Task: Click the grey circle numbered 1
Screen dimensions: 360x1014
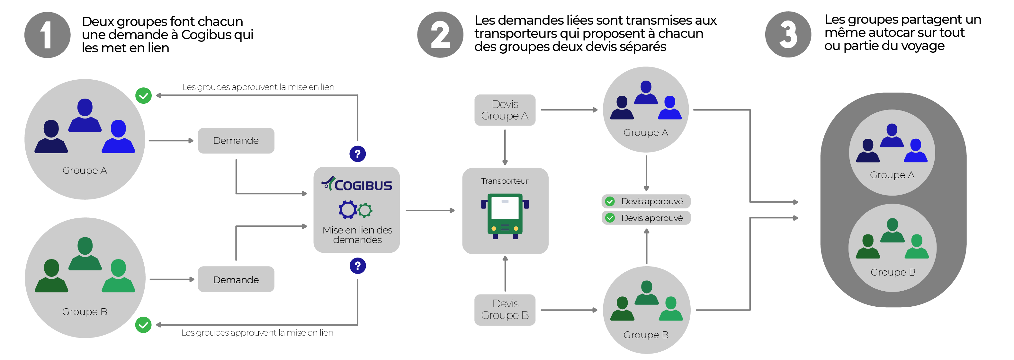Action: coord(47,35)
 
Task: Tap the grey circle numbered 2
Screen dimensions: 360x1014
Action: coord(440,35)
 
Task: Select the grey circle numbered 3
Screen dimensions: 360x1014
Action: coord(788,35)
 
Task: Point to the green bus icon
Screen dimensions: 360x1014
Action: coord(505,215)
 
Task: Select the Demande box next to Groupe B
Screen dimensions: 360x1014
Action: coord(236,279)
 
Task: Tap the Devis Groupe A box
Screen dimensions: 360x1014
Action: coord(505,110)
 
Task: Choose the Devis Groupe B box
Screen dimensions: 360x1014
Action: coord(505,310)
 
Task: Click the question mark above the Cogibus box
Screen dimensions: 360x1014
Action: coord(357,154)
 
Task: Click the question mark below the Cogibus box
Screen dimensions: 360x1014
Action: coord(357,266)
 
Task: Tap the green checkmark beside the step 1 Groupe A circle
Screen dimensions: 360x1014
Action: coord(143,96)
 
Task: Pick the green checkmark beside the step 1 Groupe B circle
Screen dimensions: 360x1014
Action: coord(143,325)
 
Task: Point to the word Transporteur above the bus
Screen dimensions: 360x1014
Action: coord(505,181)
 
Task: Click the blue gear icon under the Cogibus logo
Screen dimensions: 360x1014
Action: coord(348,209)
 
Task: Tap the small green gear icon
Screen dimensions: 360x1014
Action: coord(365,210)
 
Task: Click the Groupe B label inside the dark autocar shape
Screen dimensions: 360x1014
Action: coord(893,272)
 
